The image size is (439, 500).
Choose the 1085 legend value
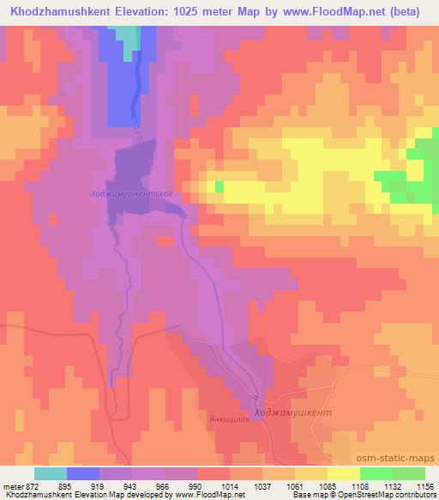(326, 485)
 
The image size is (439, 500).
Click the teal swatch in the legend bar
(50, 473)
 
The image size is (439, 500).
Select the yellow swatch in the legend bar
(342, 473)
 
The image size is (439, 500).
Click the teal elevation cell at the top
(127, 36)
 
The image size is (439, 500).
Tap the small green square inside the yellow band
(219, 186)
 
